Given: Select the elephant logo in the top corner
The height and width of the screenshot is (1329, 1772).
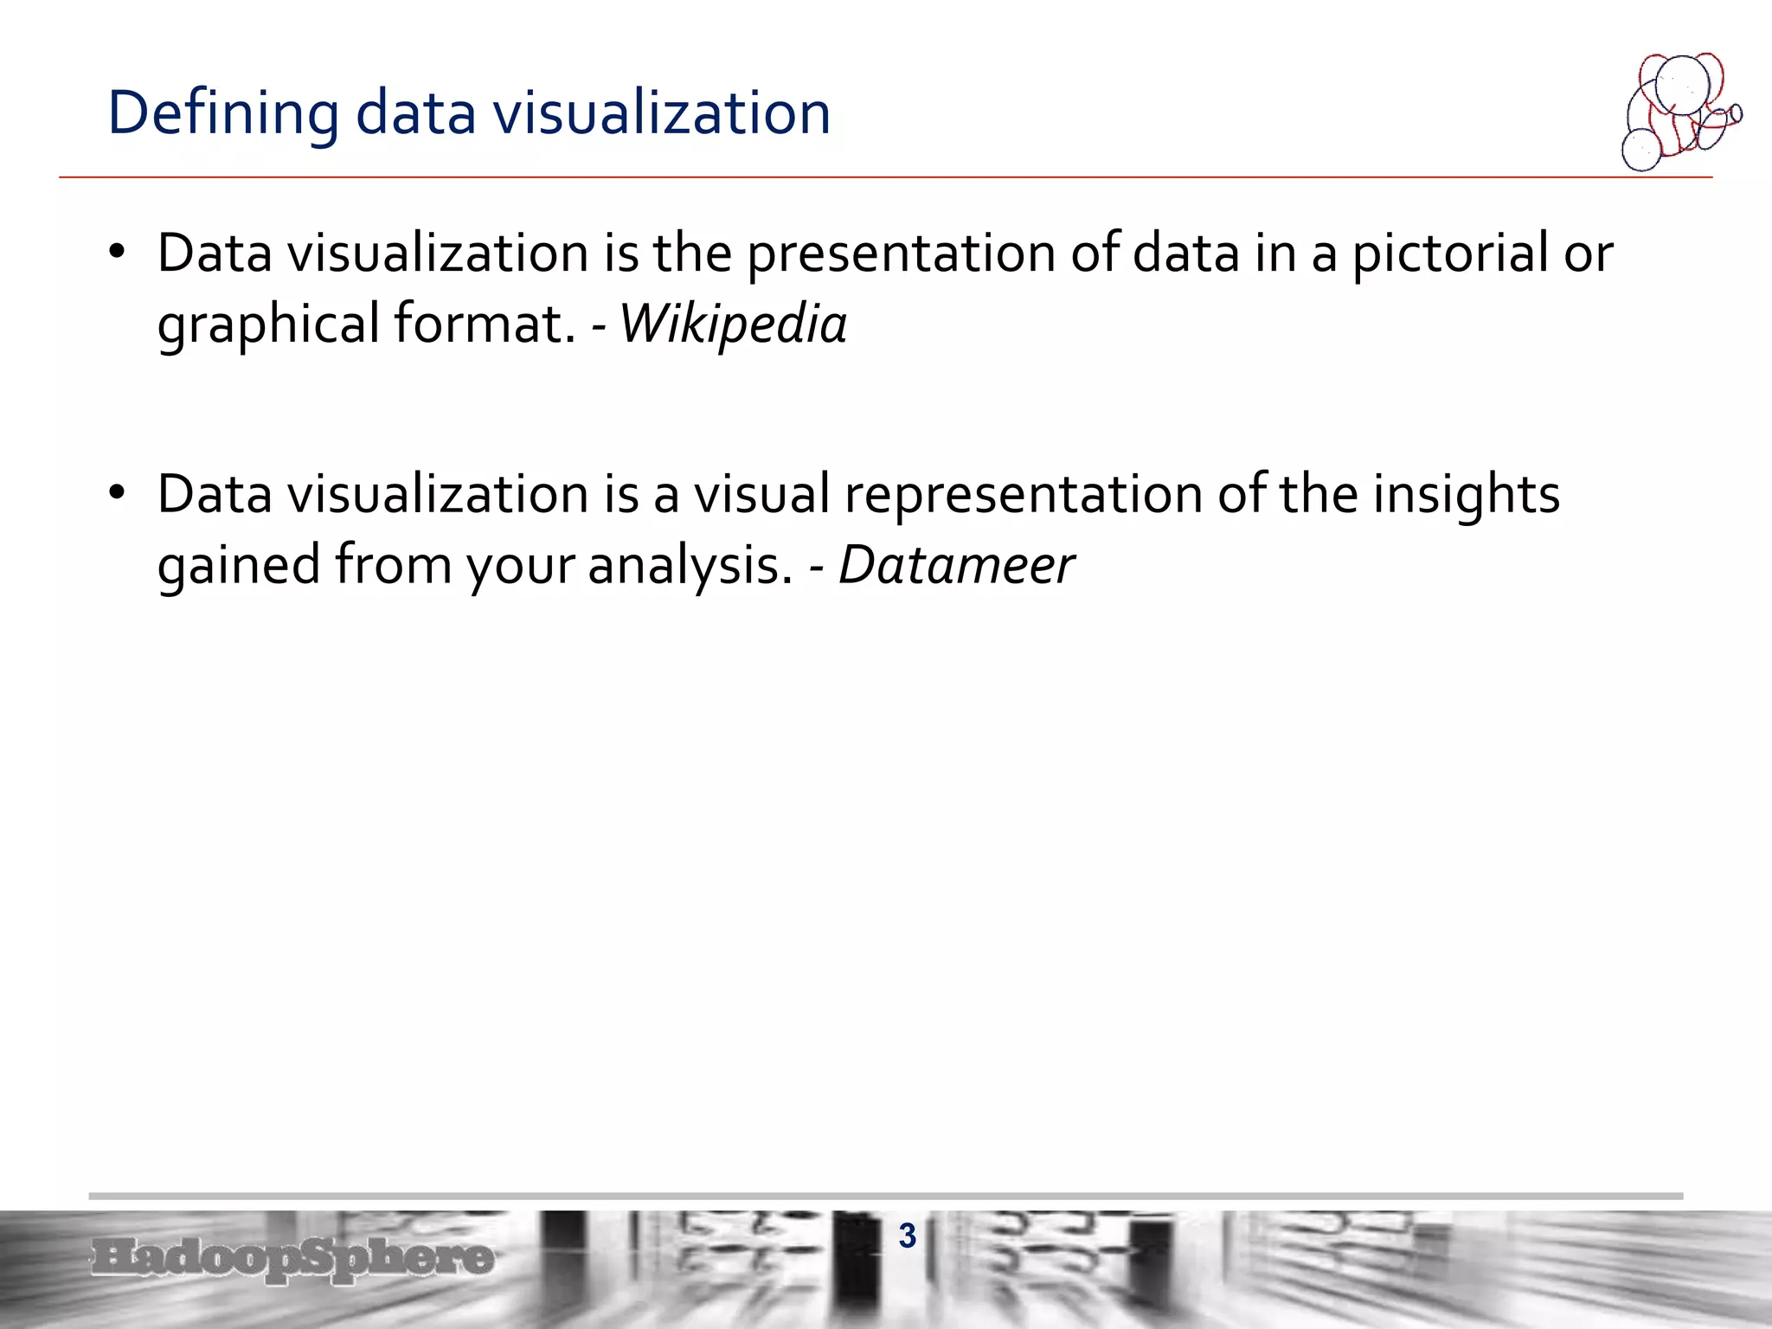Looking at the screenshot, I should pos(1679,112).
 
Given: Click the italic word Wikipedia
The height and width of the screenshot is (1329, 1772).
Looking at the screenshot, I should pos(733,324).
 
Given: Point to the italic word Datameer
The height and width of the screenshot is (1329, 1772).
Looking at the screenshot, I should pos(956,565).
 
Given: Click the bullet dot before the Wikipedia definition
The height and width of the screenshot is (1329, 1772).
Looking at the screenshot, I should pos(118,253).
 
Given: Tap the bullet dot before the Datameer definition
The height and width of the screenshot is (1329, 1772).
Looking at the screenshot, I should pos(118,493).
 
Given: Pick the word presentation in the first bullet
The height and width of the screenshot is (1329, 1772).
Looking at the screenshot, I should pos(901,254).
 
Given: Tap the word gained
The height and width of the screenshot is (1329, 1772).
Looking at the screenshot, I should pos(238,565).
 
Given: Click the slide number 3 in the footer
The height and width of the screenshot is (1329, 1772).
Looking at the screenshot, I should pos(907,1236).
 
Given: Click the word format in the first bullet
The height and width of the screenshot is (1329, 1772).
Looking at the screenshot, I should pos(485,324).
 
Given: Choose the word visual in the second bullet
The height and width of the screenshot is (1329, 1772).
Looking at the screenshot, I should pos(761,494).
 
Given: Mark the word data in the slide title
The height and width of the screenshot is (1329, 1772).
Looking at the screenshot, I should pos(415,113).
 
